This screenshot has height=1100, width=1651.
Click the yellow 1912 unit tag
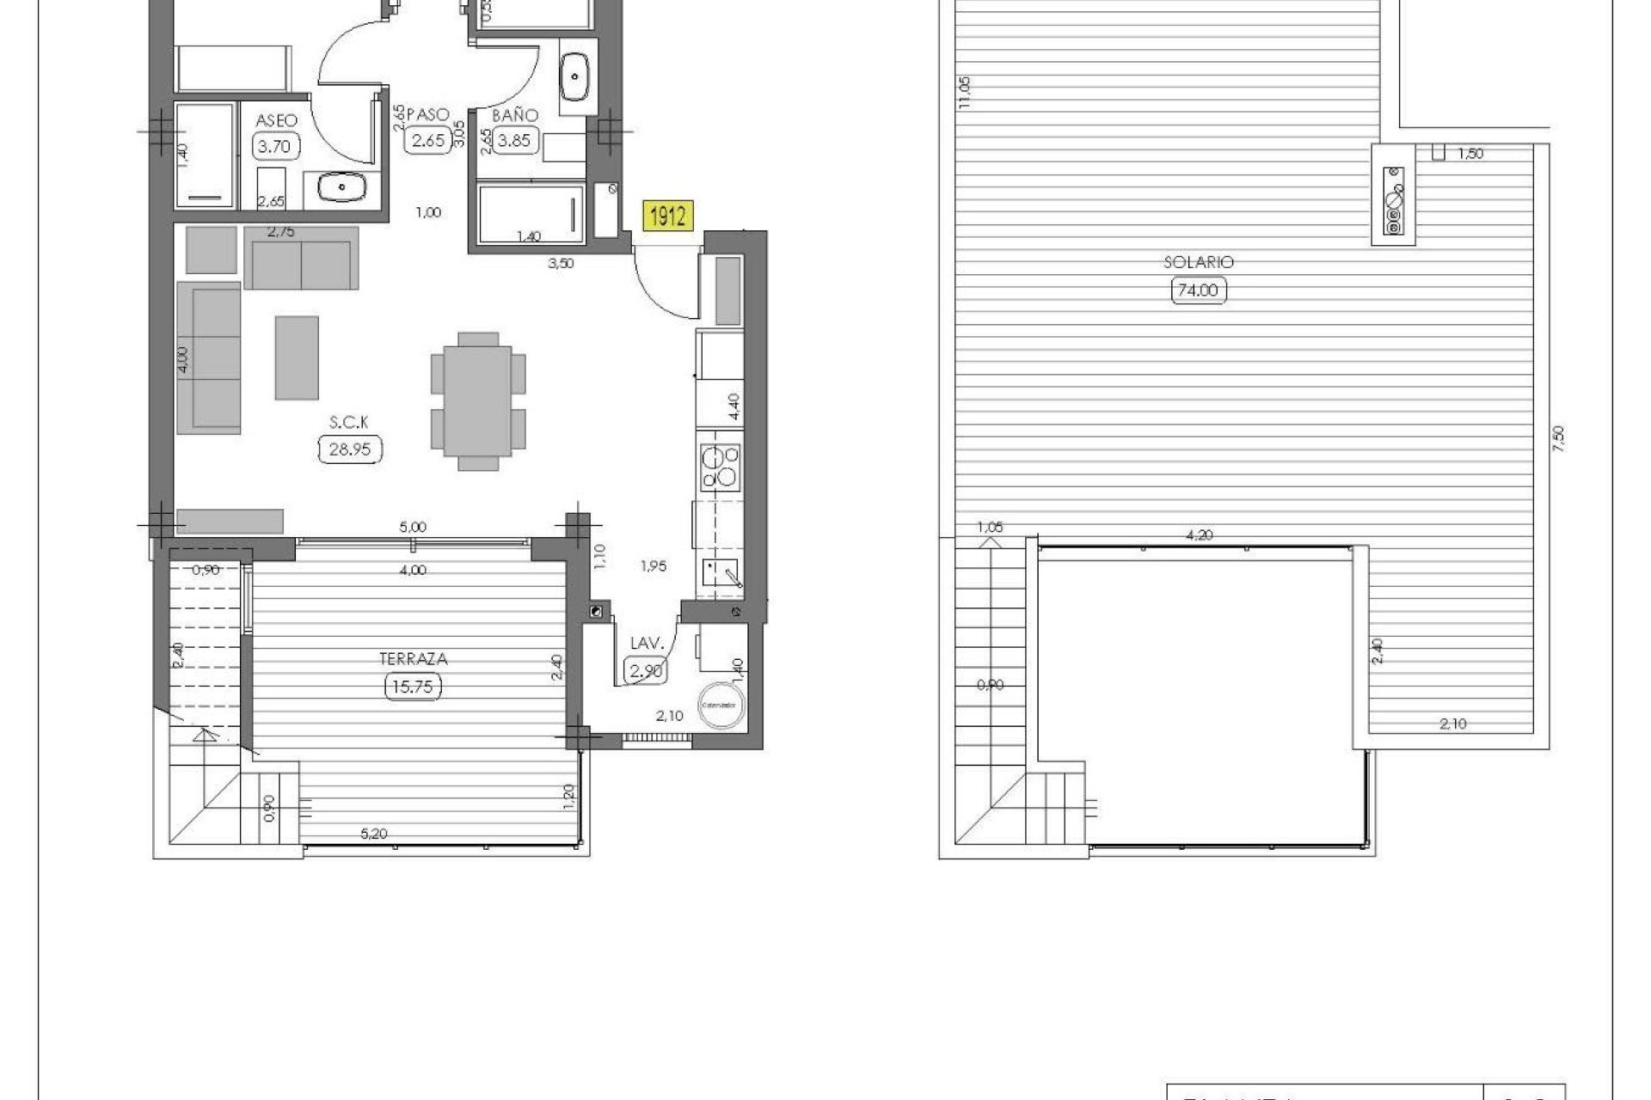tap(667, 217)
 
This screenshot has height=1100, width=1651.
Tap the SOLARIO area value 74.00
tap(1198, 290)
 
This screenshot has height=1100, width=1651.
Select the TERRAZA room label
tap(414, 659)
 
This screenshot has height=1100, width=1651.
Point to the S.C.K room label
tap(349, 421)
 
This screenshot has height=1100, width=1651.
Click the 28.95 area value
tap(349, 449)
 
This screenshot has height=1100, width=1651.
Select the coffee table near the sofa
tap(297, 357)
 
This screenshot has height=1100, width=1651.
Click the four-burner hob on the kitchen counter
tap(720, 467)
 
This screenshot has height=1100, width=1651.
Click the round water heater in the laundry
tap(720, 704)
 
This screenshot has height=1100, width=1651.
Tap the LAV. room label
tap(645, 644)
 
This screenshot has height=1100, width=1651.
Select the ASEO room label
tap(276, 120)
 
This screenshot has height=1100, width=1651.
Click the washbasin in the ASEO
tap(341, 186)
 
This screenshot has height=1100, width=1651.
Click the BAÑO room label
tap(514, 115)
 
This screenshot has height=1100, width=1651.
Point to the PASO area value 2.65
tap(427, 141)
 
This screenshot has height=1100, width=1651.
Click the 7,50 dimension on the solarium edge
tap(1560, 439)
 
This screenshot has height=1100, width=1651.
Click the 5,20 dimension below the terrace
tap(372, 833)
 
